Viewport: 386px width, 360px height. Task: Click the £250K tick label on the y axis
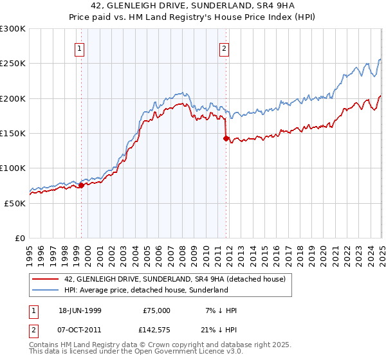pyautogui.click(x=13, y=64)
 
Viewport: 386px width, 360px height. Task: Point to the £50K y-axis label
pyautogui.click(x=15, y=203)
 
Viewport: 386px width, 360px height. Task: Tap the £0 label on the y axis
pyautogui.click(x=20, y=238)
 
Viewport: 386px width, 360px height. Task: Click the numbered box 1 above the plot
pyautogui.click(x=79, y=48)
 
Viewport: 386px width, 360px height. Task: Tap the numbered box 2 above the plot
pyautogui.click(x=225, y=48)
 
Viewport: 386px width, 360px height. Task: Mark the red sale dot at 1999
pyautogui.click(x=82, y=186)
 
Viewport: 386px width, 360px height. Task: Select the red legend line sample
pyautogui.click(x=46, y=279)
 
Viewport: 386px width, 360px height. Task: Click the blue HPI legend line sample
pyautogui.click(x=46, y=290)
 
